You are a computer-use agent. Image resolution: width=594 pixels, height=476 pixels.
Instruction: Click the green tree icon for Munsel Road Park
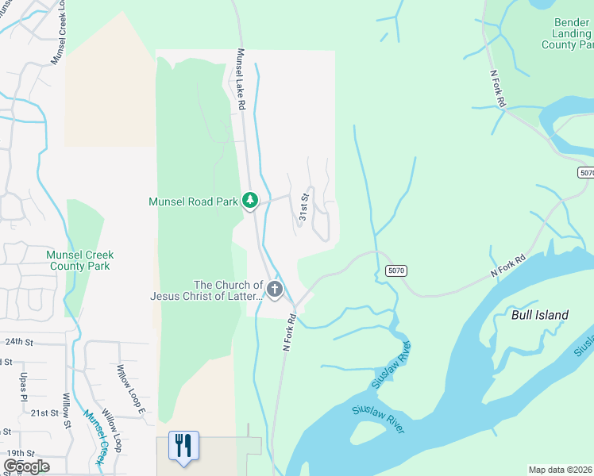coord(250,201)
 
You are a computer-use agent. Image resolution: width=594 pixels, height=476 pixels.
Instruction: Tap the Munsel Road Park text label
coord(194,202)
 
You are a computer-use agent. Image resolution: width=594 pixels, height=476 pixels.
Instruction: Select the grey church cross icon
coord(275,290)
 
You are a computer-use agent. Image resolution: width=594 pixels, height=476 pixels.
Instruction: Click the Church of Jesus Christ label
coord(206,290)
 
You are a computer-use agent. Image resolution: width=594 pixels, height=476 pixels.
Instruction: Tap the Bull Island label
coord(540,315)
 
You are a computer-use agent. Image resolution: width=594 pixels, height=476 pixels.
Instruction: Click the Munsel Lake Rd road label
coord(241,79)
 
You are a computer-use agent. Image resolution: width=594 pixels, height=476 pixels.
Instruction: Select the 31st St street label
coord(303,206)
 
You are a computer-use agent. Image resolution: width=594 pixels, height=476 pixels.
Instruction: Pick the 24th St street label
coord(18,342)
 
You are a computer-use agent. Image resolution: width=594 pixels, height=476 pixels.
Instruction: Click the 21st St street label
coord(44,413)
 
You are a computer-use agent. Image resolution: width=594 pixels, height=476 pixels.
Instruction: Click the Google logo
coord(26,466)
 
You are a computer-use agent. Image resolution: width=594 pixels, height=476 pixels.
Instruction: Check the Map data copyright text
coord(561,470)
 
